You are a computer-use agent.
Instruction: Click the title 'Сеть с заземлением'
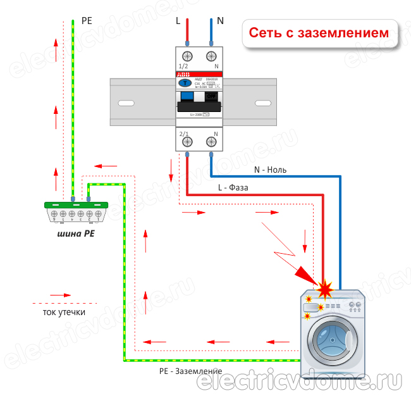(x=318, y=33)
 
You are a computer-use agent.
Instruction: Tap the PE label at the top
(x=87, y=20)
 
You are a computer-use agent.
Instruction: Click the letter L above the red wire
(x=178, y=20)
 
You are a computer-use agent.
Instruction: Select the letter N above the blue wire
(x=220, y=20)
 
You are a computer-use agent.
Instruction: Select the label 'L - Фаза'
(x=233, y=188)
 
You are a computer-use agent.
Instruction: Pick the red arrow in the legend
(x=60, y=294)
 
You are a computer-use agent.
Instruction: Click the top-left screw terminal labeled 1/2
(x=188, y=56)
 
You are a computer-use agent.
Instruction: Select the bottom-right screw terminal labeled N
(x=212, y=143)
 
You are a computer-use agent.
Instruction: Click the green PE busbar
(x=75, y=205)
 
